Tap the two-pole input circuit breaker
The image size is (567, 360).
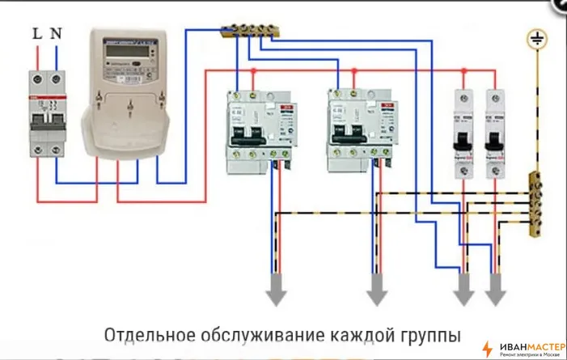[45, 112]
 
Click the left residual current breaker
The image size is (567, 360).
[260, 129]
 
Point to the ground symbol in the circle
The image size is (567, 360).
[535, 38]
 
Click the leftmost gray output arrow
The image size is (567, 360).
[276, 290]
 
